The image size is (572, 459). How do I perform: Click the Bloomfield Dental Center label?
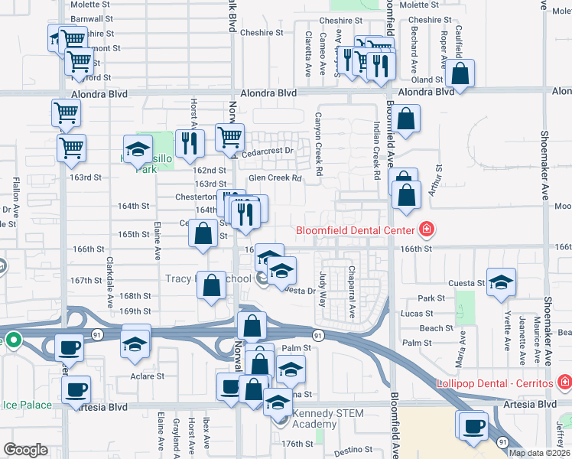coord(355,230)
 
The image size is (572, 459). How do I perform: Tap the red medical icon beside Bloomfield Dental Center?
coord(426,229)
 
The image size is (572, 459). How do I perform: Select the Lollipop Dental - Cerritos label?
coord(494,382)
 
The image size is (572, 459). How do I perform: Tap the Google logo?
coord(25,450)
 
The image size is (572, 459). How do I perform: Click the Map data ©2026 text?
coord(538,453)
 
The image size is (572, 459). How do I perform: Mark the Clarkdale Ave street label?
coord(109,272)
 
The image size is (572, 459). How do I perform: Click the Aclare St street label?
coord(148,376)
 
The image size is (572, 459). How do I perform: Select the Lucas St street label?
coord(418,314)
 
